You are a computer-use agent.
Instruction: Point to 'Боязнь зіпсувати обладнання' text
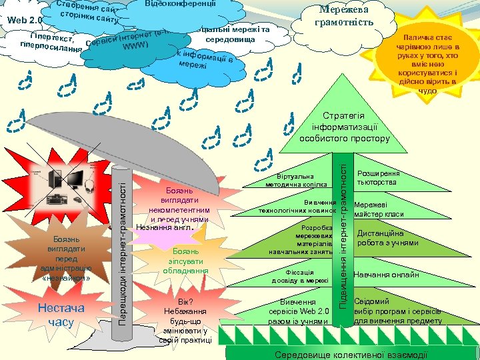(x=185, y=261)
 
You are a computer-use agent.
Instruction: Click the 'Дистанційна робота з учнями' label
(x=388, y=238)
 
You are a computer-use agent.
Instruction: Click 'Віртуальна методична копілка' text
(x=296, y=180)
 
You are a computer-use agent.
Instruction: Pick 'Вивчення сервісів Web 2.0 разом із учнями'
(x=299, y=311)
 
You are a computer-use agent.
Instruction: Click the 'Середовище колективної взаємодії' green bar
(x=351, y=354)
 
